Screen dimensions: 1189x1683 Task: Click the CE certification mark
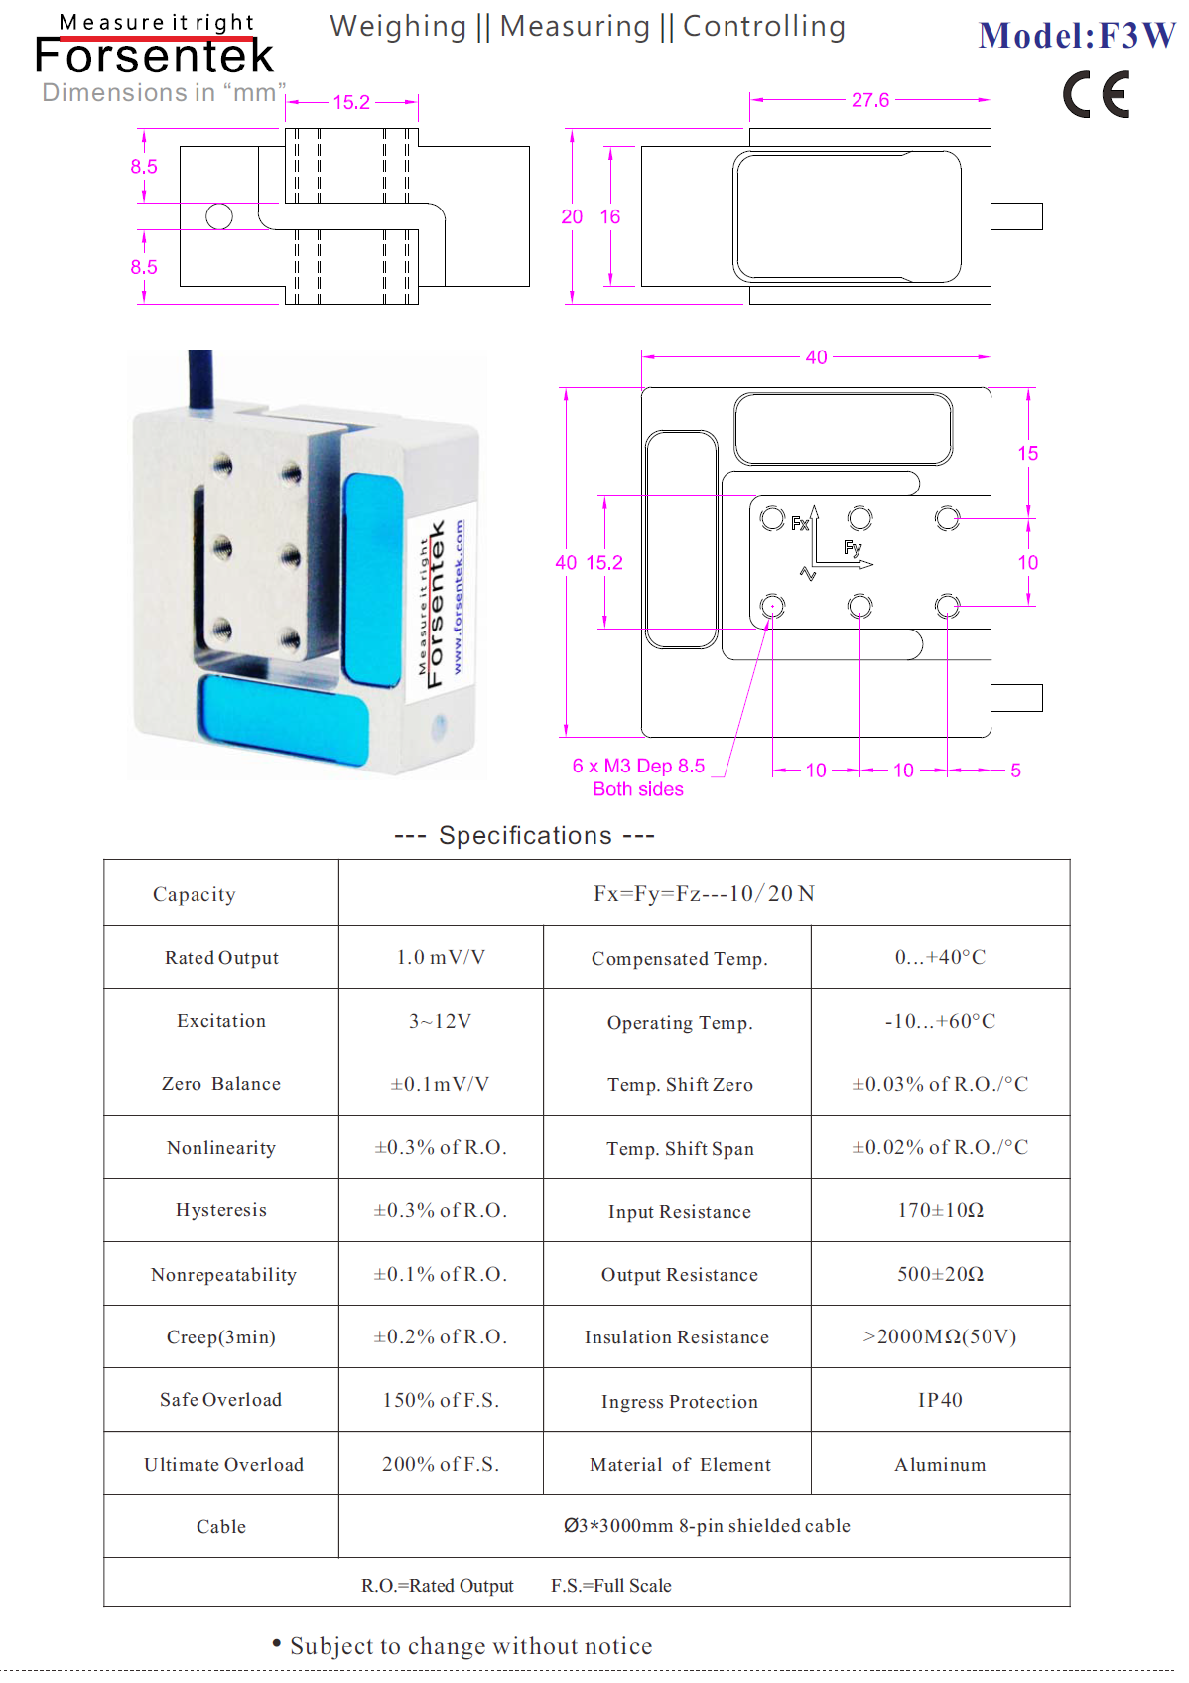[x=1096, y=94]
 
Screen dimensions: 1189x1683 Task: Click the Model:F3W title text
[x=1076, y=36]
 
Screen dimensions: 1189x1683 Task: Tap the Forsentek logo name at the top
[x=154, y=55]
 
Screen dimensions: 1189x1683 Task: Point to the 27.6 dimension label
[x=869, y=100]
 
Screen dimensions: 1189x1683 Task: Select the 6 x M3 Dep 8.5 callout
[x=638, y=766]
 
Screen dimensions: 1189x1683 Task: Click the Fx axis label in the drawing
[x=799, y=523]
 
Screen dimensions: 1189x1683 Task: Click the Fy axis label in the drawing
[x=852, y=548]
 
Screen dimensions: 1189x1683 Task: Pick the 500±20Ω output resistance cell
[x=940, y=1274]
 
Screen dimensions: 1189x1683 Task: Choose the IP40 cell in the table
[x=940, y=1400]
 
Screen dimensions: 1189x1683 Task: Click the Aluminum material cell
[x=940, y=1464]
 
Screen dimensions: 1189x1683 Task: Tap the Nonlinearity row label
[x=220, y=1147]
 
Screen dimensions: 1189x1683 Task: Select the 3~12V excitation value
[x=440, y=1021]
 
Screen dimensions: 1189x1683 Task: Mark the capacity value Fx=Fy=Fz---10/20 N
[x=704, y=893]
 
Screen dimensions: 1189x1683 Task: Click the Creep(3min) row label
[x=220, y=1336]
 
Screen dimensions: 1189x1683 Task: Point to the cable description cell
[x=707, y=1525]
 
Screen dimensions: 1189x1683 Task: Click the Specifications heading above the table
[x=525, y=835]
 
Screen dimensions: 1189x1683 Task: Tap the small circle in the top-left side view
[x=219, y=216]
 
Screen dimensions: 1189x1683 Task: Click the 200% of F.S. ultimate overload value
[x=440, y=1464]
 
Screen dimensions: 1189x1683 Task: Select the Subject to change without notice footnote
[x=462, y=1645]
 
